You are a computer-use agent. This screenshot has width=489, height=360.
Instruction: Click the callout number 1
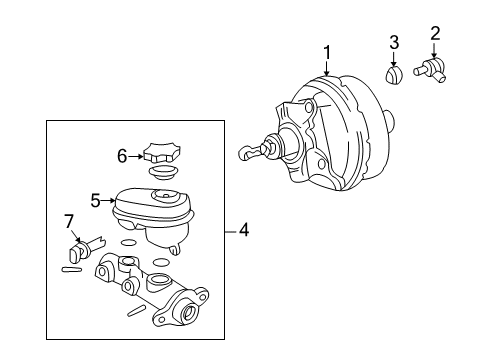click(x=325, y=50)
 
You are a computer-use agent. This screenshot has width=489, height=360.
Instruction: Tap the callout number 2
click(x=435, y=34)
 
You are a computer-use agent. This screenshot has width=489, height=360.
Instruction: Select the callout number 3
click(x=394, y=42)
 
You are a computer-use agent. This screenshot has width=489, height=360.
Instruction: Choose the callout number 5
click(x=96, y=201)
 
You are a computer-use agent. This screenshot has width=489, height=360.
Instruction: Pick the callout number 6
click(x=122, y=155)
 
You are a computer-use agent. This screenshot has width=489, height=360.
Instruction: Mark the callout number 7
click(x=69, y=219)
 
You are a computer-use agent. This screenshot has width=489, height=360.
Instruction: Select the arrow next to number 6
click(x=138, y=155)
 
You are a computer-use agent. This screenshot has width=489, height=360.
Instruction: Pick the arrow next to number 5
click(x=110, y=202)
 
